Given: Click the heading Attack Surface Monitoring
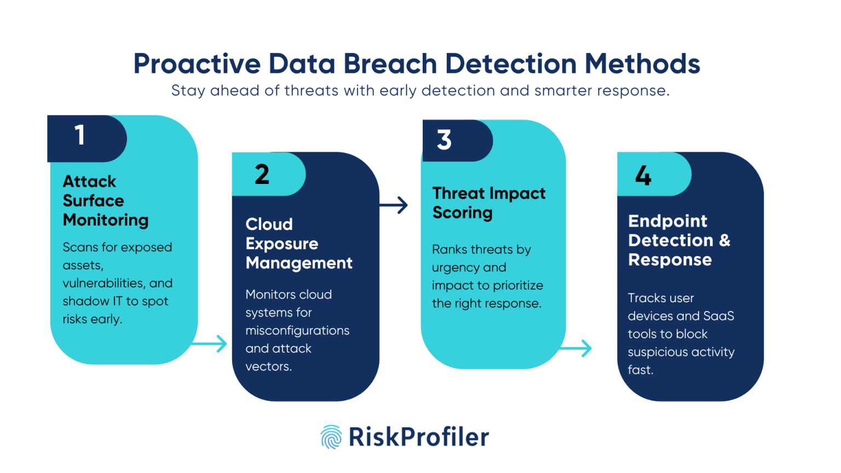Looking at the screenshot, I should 105,201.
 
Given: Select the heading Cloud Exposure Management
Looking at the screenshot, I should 298,244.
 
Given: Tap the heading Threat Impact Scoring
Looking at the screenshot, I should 488,203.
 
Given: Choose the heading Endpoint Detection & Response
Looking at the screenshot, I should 679,240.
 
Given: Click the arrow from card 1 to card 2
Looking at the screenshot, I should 211,344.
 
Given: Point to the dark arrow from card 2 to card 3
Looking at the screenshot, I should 394,205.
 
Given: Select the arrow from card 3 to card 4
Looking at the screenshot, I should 576,348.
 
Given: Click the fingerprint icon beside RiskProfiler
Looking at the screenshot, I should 331,437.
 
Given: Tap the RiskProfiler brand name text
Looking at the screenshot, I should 419,437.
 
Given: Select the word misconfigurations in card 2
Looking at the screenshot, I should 297,331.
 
